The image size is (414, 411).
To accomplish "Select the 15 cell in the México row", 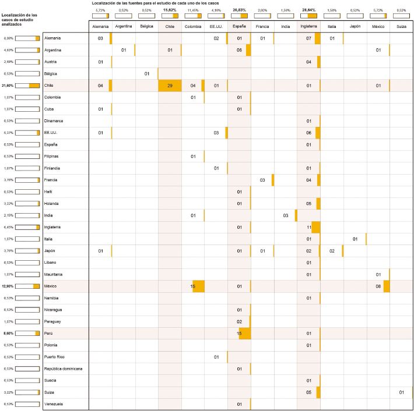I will click(193, 286).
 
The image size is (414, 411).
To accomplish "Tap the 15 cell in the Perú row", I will click(239, 333).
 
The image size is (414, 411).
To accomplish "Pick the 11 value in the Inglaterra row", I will click(309, 227).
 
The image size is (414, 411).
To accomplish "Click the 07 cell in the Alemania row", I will click(309, 38).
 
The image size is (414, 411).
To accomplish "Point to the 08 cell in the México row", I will click(378, 286).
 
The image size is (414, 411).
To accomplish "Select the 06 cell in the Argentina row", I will click(239, 51).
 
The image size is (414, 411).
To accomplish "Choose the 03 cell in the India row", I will click(286, 215).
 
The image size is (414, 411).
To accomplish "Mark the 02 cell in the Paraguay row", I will click(239, 321).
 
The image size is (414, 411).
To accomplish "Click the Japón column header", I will click(355, 26).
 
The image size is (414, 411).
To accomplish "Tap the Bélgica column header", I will click(146, 26).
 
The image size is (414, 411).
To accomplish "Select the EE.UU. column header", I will click(216, 26).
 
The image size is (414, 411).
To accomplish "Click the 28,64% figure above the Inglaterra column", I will click(308, 10).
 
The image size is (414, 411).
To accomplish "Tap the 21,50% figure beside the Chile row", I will click(7, 86).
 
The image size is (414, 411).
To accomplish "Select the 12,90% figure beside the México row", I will click(7, 286).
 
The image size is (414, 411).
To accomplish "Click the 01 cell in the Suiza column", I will click(402, 392).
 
